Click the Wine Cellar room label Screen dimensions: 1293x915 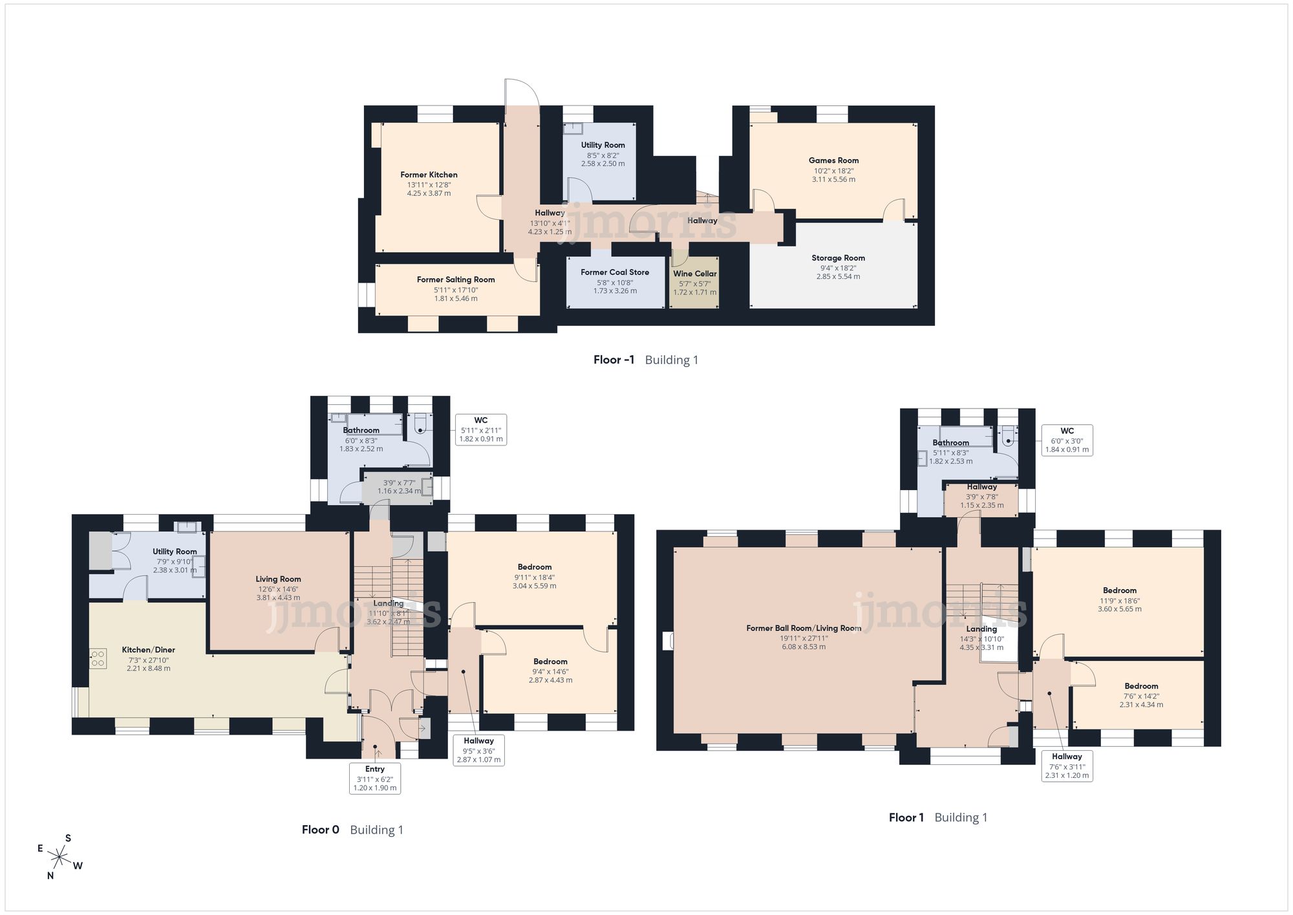coord(695,274)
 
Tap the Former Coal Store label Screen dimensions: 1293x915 coord(615,272)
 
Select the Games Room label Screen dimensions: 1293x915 coord(833,160)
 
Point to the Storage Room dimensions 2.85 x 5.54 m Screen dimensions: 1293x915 coord(838,277)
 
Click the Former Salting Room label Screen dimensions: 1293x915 coord(456,279)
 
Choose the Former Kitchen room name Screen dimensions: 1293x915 coord(429,175)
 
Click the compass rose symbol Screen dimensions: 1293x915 coord(59,857)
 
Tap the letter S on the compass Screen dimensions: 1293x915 coord(68,838)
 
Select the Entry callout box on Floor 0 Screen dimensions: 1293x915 coord(375,778)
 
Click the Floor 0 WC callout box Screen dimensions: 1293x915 coord(481,429)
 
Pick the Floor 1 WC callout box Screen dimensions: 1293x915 coord(1067,440)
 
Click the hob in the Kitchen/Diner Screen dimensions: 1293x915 coord(98,659)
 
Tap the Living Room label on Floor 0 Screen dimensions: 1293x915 coord(278,579)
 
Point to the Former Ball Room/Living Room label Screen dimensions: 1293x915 coord(804,628)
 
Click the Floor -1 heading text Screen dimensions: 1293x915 coord(614,360)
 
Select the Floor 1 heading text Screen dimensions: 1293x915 coord(906,818)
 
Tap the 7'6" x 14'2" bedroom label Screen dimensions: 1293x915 coord(1141,695)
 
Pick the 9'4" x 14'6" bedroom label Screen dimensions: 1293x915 coord(550,671)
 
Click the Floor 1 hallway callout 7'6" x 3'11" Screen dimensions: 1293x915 coord(1067,766)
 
